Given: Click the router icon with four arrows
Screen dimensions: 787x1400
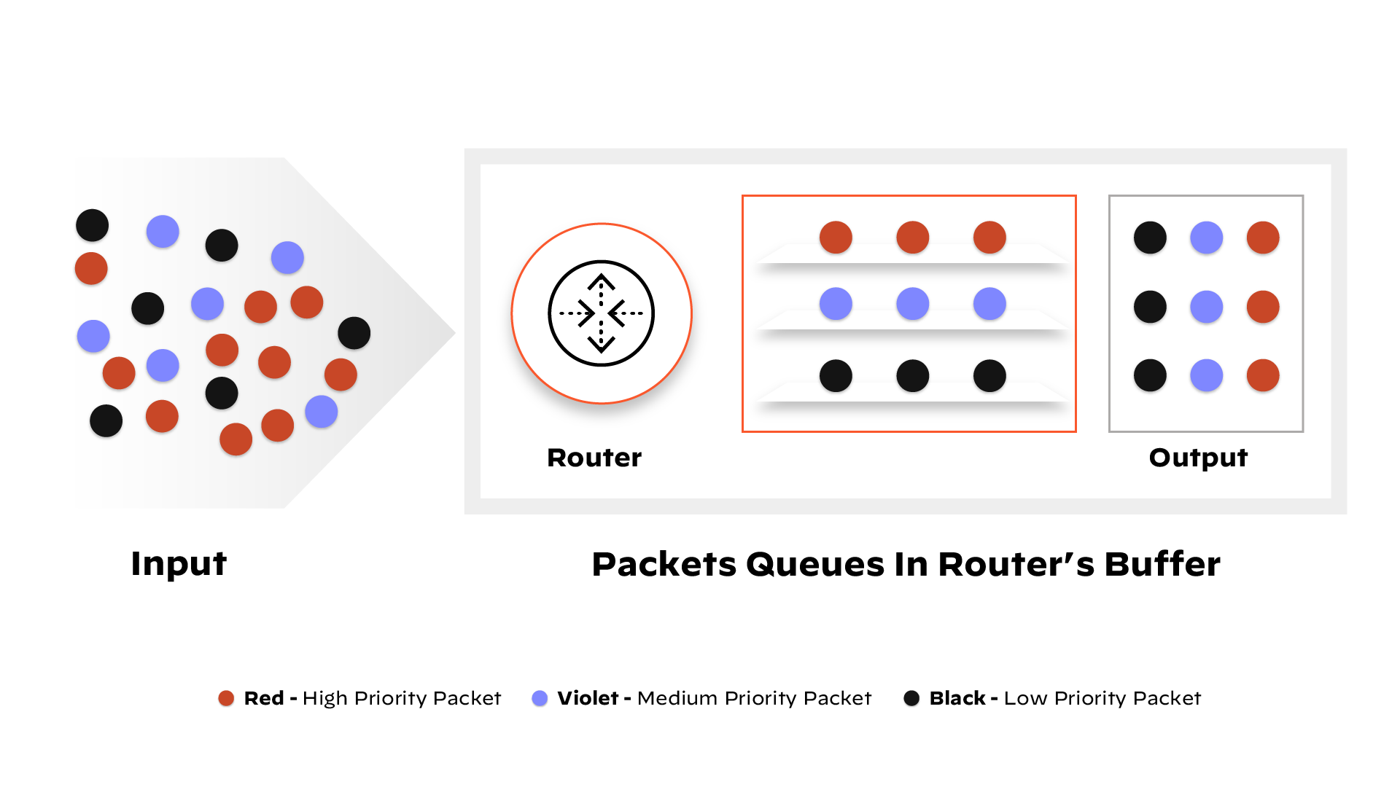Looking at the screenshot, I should pos(601,313).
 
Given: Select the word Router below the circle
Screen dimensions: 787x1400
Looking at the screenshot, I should pos(594,458).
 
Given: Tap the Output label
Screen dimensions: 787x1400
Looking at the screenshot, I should pos(1198,458).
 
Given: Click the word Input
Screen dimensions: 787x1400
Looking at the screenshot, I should pos(179,564).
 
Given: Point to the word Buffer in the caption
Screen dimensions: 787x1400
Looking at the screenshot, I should pos(1162,564).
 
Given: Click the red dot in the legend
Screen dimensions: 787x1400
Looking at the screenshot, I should pos(226,698).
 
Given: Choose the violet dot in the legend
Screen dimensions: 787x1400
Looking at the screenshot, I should pos(540,698).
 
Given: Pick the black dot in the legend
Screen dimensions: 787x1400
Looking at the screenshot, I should pos(911,698).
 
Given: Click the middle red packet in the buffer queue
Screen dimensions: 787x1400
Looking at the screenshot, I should pos(912,238).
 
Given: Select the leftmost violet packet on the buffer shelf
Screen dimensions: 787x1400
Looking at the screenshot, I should pos(836,304).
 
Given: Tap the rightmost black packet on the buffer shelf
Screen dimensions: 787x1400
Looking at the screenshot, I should pos(989,376).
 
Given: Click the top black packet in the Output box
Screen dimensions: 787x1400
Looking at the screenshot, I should pos(1150,238).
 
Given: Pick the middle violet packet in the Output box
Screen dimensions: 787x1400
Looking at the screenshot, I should pos(1206,307).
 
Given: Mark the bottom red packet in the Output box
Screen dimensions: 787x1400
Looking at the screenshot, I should pos(1263,376).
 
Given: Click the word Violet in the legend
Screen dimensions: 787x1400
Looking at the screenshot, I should pos(588,698).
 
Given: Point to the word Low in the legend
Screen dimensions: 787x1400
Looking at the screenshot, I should pos(1026,698).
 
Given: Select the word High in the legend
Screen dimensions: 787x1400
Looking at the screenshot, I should pos(324,698).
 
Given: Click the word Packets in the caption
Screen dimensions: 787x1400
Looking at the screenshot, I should pos(664,564).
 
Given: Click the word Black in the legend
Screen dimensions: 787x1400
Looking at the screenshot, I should pos(957,698).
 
